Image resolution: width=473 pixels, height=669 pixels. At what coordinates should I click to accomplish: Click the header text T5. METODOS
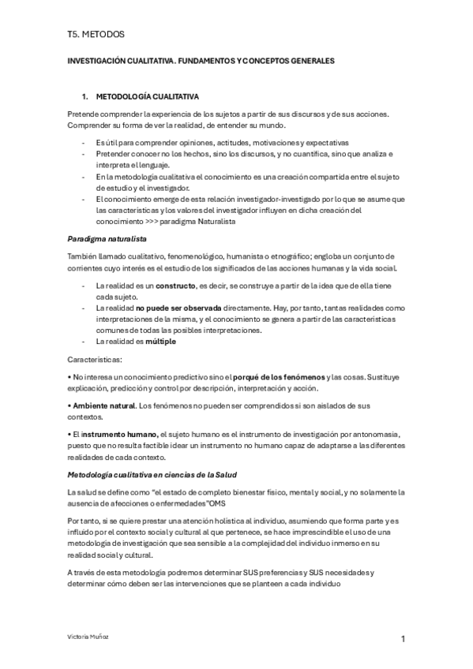click(x=96, y=34)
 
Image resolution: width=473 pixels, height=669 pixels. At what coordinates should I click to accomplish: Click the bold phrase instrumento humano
click(x=122, y=435)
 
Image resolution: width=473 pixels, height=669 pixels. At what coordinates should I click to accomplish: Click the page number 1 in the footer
click(x=403, y=640)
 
